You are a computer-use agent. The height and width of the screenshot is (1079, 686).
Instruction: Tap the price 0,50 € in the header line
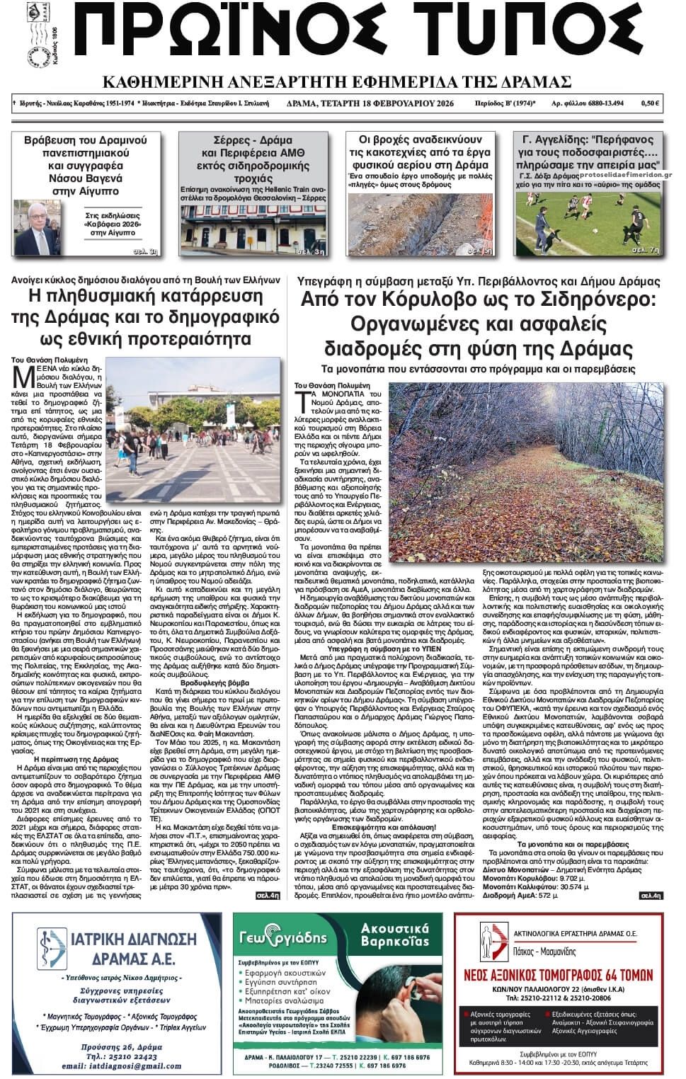tap(650, 103)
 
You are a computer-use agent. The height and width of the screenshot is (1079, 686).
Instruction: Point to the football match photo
tap(590, 219)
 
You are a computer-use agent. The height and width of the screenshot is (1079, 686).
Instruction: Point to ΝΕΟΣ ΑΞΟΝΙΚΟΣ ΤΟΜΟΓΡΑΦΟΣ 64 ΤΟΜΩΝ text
tap(559, 974)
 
